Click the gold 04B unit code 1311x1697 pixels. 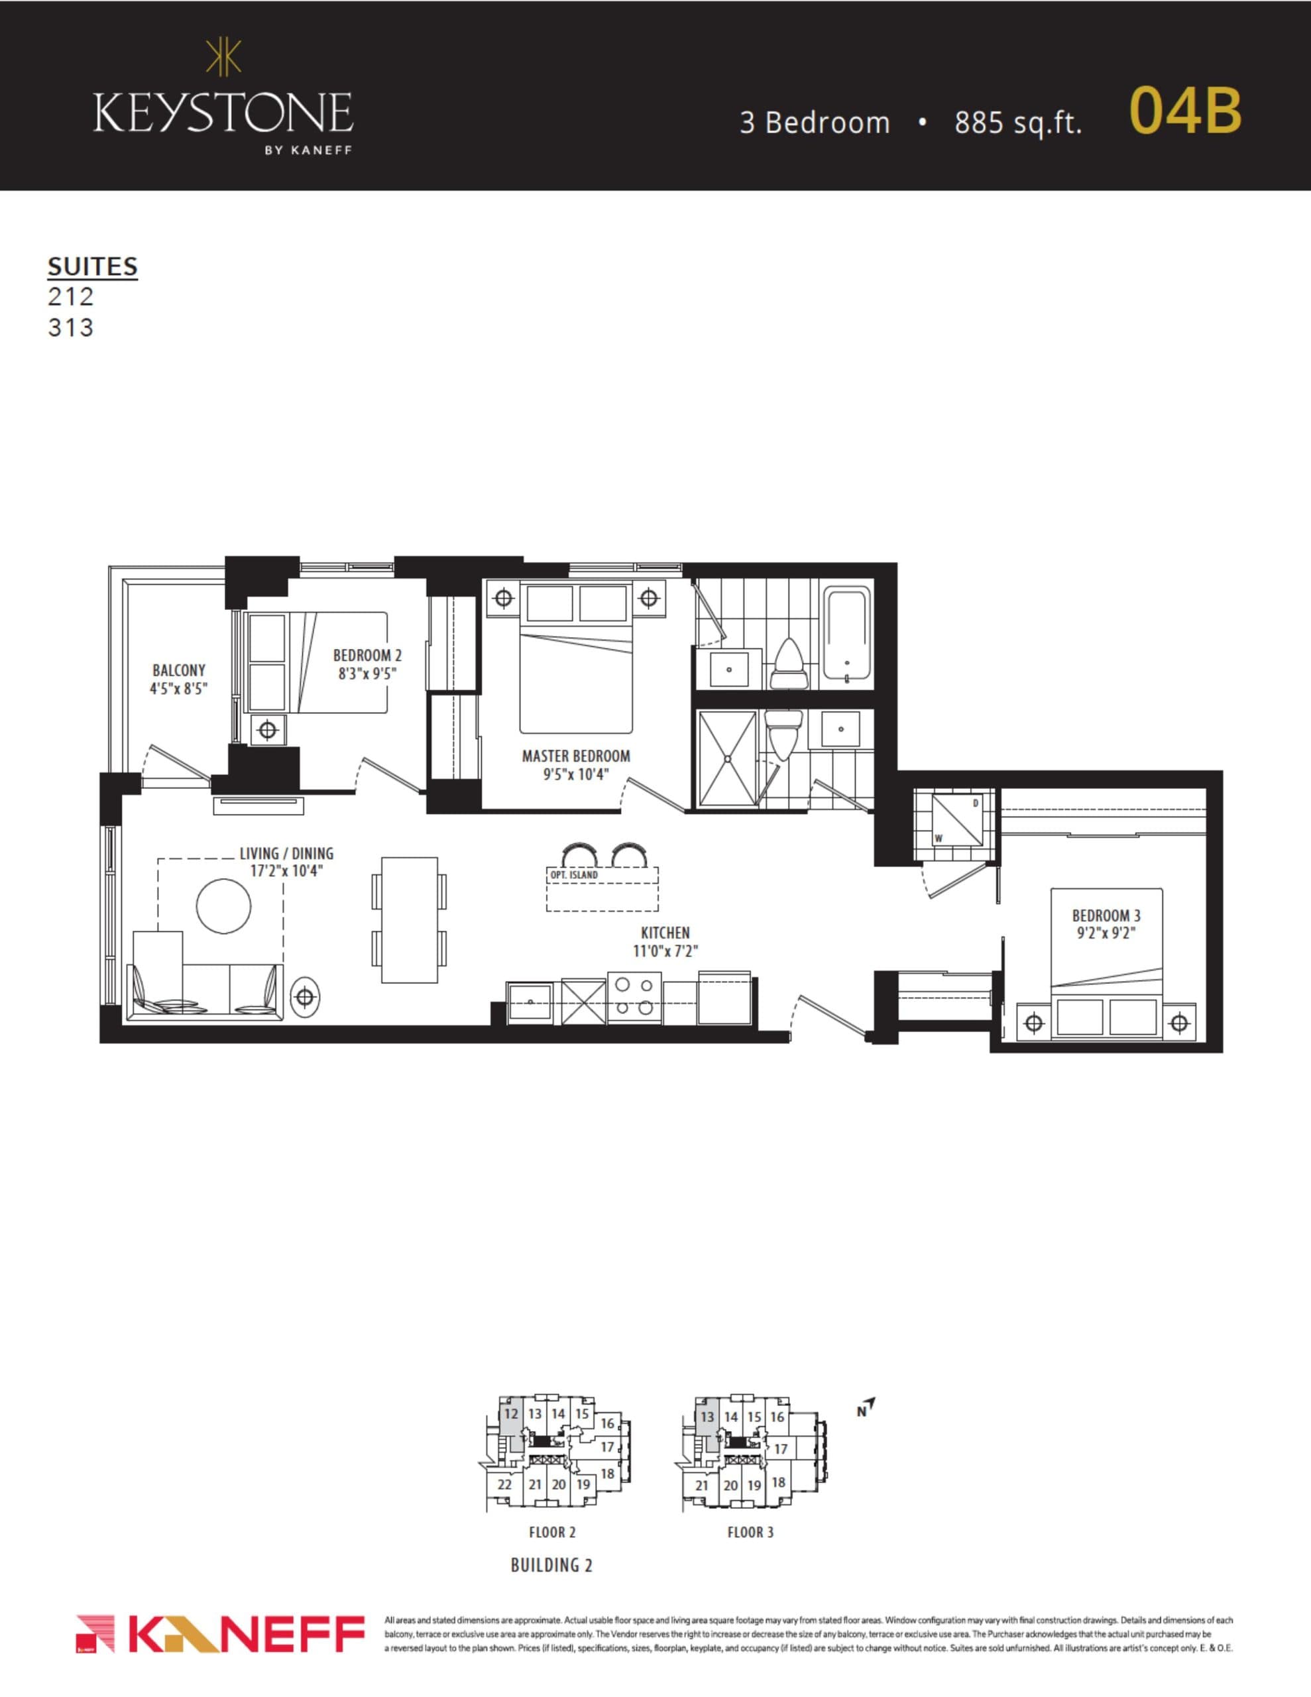pos(1184,110)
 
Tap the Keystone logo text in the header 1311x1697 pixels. pos(223,113)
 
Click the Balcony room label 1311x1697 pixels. pos(179,670)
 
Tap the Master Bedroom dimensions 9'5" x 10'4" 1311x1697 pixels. pos(576,774)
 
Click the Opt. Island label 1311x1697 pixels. pos(573,875)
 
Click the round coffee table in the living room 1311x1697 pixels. pos(224,906)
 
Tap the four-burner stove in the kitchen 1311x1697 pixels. pos(634,997)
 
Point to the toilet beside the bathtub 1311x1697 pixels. pos(789,665)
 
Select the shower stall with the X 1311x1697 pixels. pos(727,758)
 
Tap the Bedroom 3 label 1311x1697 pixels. pos(1106,915)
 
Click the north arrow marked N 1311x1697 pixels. pos(866,1407)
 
